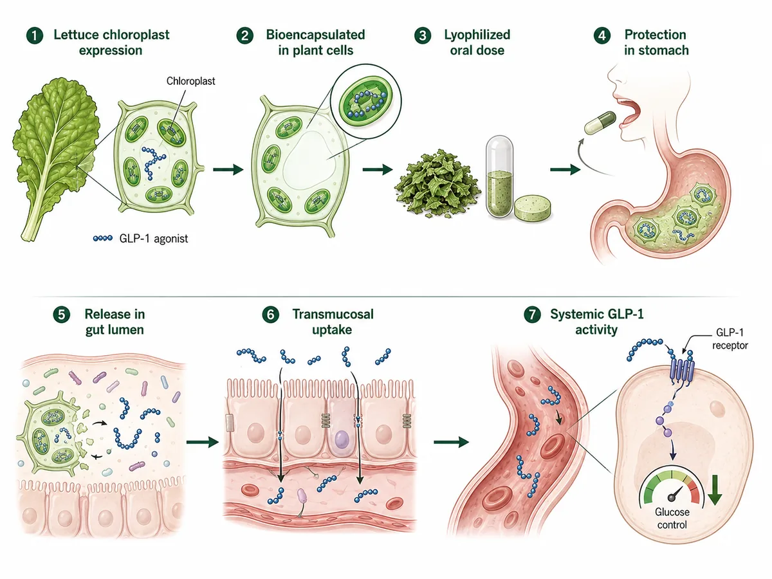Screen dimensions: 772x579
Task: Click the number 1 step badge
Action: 35,35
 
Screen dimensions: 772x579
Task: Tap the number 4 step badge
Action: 602,35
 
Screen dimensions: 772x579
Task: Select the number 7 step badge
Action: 532,315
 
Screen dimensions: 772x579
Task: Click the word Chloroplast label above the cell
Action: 190,81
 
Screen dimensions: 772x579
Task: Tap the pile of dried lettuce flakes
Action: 437,183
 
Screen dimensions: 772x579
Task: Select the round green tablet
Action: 533,208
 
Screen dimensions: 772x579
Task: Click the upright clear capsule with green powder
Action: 499,176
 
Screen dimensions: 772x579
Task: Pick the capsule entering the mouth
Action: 600,123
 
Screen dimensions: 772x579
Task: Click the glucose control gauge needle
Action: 676,493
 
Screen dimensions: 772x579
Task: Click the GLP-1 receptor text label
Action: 730,339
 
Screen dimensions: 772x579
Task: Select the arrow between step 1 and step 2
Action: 228,169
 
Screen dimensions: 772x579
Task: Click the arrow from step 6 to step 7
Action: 451,442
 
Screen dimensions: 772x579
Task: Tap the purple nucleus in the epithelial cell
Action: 341,439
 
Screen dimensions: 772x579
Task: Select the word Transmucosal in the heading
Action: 333,315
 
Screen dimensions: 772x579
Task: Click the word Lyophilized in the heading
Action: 477,35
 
